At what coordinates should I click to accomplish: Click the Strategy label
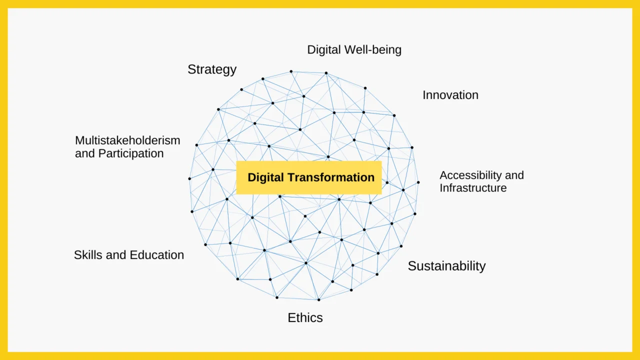(212, 69)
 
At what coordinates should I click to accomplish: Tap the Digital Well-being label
(354, 50)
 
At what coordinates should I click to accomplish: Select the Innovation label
(450, 95)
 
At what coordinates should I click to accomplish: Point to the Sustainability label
(446, 266)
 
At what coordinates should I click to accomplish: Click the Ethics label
(305, 317)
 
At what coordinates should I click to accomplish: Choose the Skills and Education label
(129, 255)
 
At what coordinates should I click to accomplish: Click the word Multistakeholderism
(127, 140)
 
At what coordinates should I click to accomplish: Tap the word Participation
(131, 153)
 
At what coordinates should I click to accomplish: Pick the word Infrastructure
(473, 188)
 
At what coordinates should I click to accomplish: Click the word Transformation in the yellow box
(330, 177)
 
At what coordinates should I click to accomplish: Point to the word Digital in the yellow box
(265, 177)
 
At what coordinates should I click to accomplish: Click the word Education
(157, 255)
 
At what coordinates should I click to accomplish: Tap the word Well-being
(373, 50)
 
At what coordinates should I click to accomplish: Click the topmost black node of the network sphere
(291, 71)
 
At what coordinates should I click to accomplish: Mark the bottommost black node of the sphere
(319, 299)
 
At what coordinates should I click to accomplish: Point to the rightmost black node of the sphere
(418, 182)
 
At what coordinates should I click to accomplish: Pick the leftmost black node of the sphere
(189, 179)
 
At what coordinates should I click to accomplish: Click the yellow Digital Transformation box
(309, 177)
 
